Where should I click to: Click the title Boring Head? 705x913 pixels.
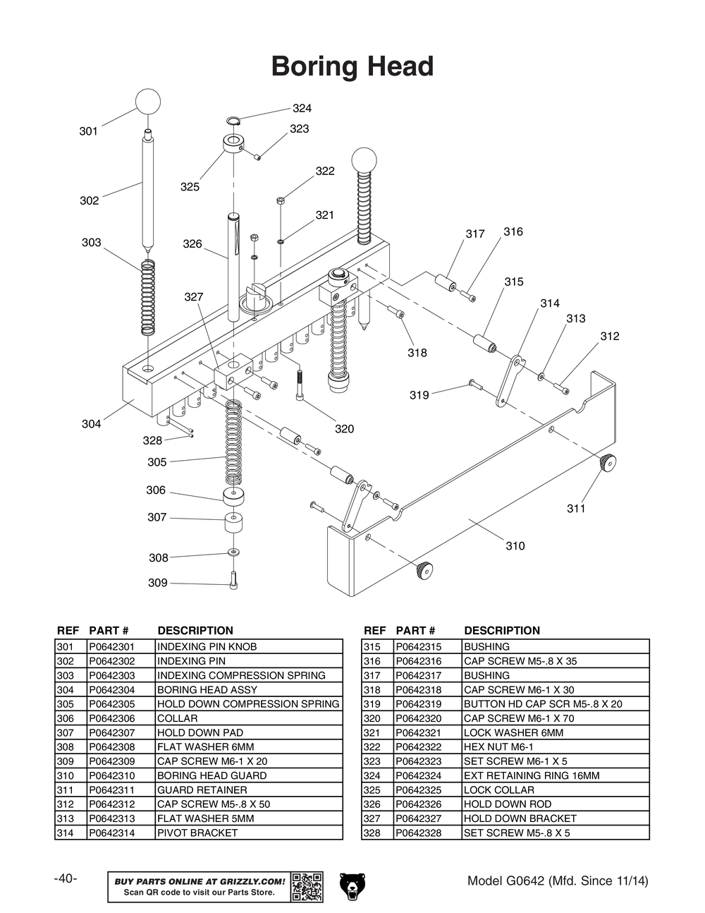click(352, 66)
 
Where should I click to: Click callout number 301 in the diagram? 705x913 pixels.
click(88, 131)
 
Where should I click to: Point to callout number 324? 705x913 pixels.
click(302, 109)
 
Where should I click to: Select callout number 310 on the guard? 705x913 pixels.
click(515, 546)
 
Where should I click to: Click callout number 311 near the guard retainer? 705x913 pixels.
click(576, 509)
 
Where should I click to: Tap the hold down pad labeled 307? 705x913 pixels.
click(233, 524)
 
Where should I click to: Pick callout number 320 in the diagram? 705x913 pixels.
click(344, 429)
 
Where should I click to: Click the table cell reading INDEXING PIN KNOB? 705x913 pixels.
click(207, 646)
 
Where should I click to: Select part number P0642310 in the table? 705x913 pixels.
click(111, 775)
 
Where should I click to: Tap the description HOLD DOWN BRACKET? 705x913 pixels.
click(520, 818)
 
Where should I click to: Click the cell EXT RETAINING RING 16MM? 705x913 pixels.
click(531, 775)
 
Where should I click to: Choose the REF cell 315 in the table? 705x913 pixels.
click(372, 646)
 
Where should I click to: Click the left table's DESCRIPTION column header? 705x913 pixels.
click(195, 631)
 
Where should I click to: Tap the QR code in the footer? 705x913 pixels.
click(307, 887)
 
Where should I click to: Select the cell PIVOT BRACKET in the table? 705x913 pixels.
click(197, 833)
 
